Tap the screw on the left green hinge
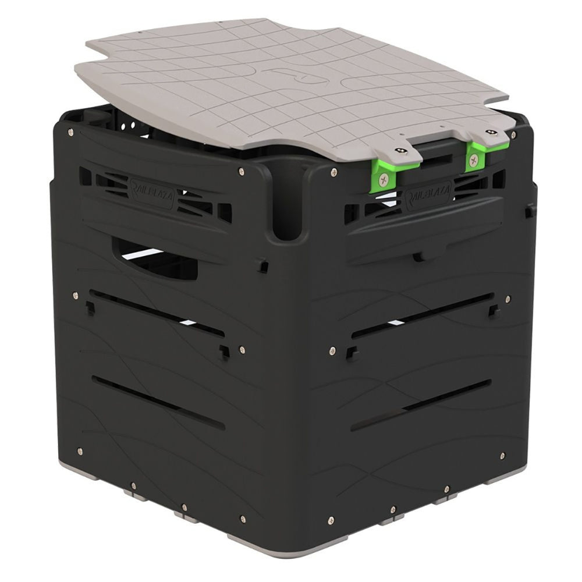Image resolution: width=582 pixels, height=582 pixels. (x=383, y=180)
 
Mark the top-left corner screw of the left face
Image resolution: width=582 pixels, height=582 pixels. (x=70, y=132)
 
